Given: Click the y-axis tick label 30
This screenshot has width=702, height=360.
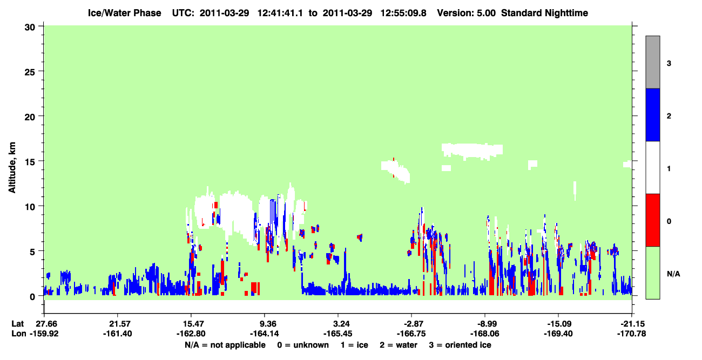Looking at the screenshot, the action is (30, 28).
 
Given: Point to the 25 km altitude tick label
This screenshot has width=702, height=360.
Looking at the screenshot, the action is (30, 72).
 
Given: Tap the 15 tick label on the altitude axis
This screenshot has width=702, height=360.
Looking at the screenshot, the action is (30, 162).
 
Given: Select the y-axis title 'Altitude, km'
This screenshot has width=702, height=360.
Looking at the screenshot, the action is (12, 167).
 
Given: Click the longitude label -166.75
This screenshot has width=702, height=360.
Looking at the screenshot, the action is (411, 334).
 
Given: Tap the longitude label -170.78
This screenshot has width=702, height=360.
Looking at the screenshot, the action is (631, 334).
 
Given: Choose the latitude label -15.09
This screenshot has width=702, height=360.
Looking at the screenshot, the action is (558, 324).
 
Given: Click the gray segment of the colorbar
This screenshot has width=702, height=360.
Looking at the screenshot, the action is (652, 62).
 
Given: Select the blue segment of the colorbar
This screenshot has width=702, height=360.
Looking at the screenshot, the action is (652, 114).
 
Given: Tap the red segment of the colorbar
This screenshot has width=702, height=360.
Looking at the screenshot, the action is (652, 220).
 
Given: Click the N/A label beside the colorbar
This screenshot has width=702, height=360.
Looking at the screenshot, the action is (673, 274).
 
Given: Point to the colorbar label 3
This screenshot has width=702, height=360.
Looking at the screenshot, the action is (669, 64).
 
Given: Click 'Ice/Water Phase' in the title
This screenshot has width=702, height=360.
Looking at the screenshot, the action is (124, 13).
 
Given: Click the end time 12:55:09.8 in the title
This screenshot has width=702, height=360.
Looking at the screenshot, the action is (403, 13).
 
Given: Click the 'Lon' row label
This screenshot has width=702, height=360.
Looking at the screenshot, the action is (19, 334).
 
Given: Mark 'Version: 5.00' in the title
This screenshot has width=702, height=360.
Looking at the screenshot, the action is (467, 13).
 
